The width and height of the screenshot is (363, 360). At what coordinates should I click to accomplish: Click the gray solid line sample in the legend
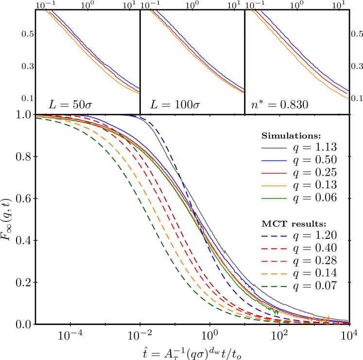point(274,148)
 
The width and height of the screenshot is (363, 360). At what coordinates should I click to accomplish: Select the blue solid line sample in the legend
point(274,161)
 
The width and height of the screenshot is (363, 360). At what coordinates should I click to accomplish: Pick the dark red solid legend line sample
point(274,173)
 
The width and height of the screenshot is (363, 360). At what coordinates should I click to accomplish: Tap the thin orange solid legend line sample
point(274,186)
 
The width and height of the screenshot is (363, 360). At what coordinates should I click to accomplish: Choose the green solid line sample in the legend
point(274,198)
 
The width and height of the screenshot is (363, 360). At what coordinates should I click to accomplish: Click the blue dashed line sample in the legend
point(274,236)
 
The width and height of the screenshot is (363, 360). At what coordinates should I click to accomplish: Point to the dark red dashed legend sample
point(274,249)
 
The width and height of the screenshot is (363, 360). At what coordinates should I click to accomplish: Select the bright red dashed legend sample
point(274,261)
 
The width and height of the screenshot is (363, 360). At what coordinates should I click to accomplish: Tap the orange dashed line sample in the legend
point(274,274)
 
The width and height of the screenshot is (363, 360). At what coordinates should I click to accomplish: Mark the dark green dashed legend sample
point(274,286)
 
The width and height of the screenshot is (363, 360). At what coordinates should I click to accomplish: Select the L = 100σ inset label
point(175,105)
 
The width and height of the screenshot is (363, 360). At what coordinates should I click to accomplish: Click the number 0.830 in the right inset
point(293,105)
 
